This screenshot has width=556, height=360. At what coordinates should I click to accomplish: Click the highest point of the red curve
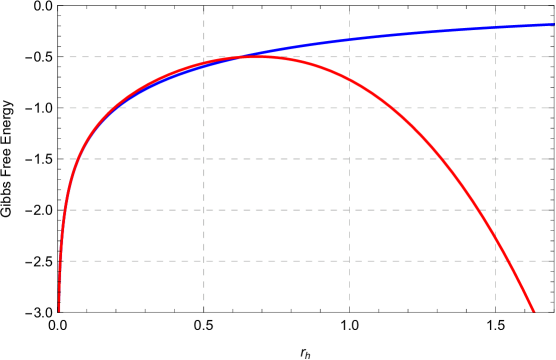(x=257, y=57)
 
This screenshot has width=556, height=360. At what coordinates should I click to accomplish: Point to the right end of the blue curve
(x=553, y=24)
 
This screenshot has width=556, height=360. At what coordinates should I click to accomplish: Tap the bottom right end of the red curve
(x=533, y=311)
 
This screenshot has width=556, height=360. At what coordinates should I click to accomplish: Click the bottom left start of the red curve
(x=59, y=310)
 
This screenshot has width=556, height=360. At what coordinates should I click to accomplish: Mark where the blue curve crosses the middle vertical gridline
(x=349, y=40)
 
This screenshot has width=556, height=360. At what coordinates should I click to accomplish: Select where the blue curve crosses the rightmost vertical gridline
(x=495, y=27)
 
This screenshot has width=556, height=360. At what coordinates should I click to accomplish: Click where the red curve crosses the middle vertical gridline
(x=349, y=78)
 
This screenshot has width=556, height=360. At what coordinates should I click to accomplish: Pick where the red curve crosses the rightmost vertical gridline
(x=495, y=235)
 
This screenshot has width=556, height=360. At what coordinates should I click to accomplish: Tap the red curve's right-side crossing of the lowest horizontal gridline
(x=508, y=261)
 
